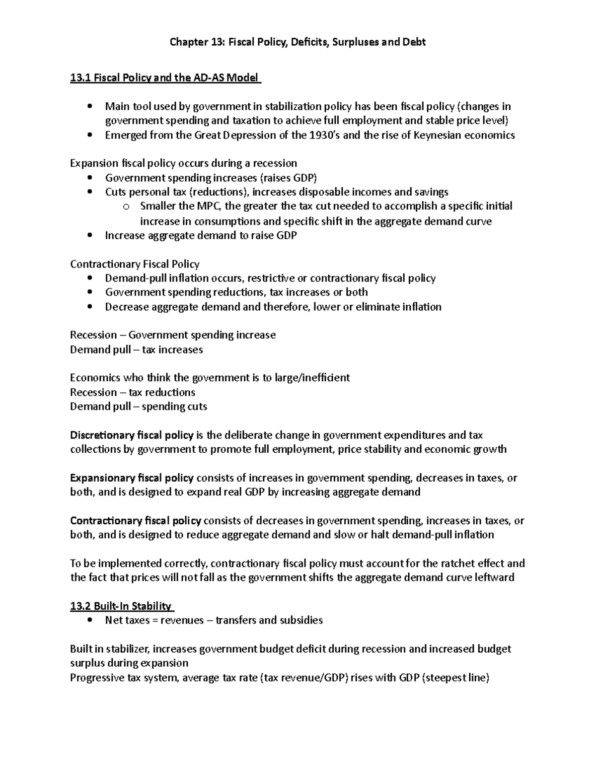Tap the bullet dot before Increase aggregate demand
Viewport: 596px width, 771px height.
point(89,235)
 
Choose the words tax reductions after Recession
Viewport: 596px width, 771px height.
point(162,392)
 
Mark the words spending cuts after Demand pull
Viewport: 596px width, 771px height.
point(174,407)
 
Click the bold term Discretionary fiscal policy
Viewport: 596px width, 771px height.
point(132,435)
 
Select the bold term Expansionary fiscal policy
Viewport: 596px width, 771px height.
point(132,478)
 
